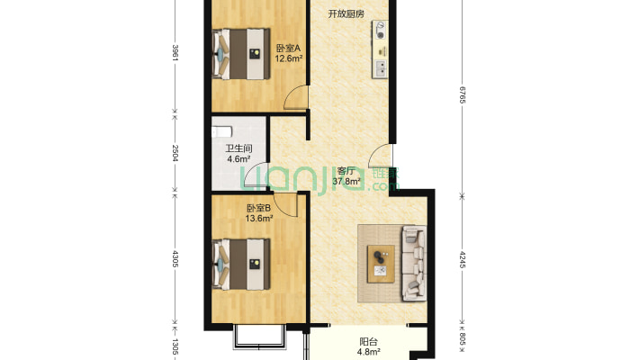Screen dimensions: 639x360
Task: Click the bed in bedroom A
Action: coord(241,53)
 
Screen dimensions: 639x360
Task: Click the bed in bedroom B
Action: coord(241,265)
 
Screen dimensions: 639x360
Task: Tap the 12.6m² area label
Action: coord(289,58)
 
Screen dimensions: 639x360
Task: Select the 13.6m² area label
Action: coord(259,219)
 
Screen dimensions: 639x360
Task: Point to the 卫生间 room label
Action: coord(238,148)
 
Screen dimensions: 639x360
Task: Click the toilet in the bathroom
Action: coord(221,132)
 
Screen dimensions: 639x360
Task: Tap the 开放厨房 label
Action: coord(346,13)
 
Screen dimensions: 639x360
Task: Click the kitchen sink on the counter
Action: coord(381,68)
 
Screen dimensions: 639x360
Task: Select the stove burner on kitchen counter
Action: coord(381,31)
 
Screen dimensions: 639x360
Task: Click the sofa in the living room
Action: coord(414,264)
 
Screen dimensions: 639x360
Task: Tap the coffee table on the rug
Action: coord(381,264)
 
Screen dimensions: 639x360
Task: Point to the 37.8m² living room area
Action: coord(346,182)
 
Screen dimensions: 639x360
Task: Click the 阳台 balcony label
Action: coord(368,342)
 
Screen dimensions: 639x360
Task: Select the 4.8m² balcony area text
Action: coord(369,351)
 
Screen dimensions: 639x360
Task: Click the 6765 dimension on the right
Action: coord(462,95)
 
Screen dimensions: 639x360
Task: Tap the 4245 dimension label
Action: coord(462,259)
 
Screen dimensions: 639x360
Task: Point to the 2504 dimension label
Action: coord(175,153)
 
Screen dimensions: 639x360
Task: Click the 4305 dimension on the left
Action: coord(175,259)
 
